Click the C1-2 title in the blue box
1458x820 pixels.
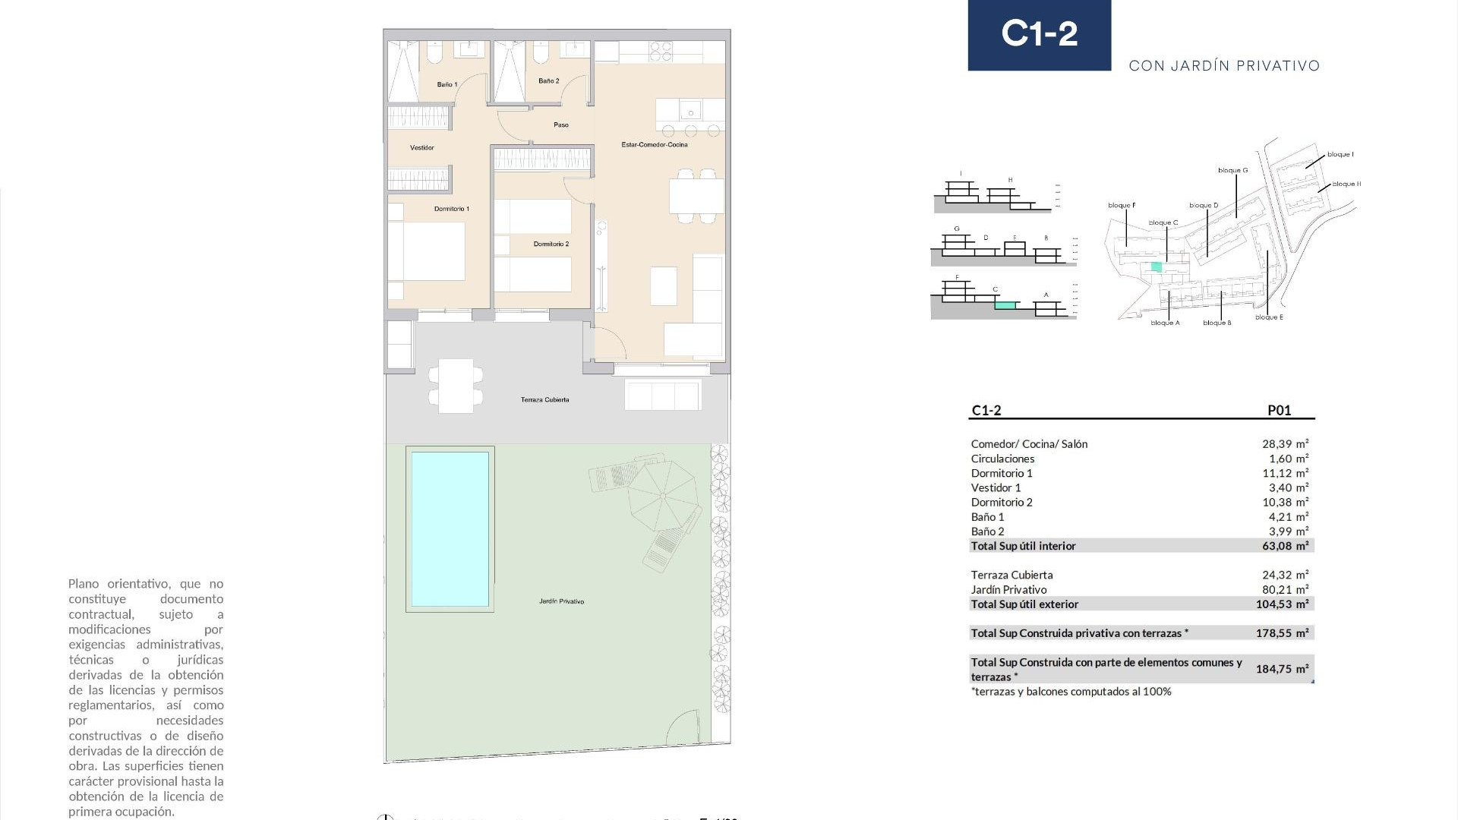pos(1039,34)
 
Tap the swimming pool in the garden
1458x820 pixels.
pos(450,529)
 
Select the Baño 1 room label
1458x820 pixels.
pos(447,84)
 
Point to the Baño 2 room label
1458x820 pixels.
pos(548,80)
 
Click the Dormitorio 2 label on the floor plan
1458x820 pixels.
pos(551,244)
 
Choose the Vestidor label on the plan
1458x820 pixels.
pos(422,147)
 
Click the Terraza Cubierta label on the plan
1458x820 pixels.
pos(544,399)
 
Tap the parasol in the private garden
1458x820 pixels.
pos(663,496)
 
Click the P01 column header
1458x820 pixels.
pos(1279,410)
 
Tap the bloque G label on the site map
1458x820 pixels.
pos(1232,171)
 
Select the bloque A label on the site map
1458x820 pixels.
pos(1165,323)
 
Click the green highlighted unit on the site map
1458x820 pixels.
pos(1157,266)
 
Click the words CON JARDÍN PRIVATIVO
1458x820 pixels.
pos(1224,66)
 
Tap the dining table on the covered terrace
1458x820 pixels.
pos(456,386)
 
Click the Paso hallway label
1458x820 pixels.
pos(560,125)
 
